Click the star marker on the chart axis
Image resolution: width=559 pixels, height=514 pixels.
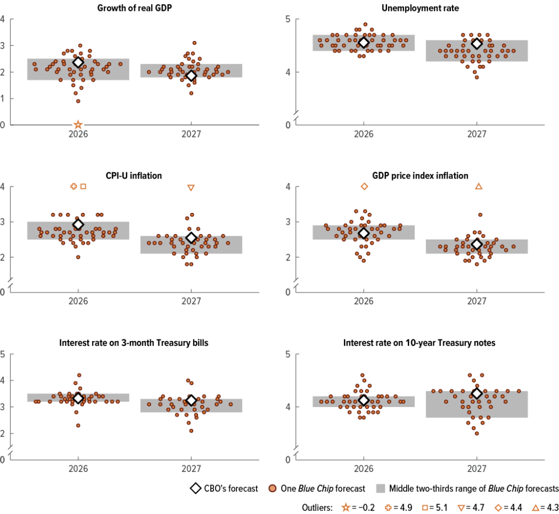(78, 124)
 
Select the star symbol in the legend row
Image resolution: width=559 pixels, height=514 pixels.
(346, 507)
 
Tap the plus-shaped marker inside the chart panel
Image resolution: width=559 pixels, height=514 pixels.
(74, 187)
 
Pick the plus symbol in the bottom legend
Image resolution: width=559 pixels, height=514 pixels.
(388, 507)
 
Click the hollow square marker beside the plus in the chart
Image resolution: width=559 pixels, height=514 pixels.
(84, 187)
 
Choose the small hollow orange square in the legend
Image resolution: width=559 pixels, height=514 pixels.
(425, 507)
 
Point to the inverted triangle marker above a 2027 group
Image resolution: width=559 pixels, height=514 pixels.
(191, 188)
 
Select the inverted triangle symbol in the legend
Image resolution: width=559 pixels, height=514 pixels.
(461, 508)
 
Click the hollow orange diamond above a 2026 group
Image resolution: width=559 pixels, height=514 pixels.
(364, 187)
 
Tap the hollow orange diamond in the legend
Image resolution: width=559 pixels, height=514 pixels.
(498, 507)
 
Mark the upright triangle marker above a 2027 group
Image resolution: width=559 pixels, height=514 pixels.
(479, 186)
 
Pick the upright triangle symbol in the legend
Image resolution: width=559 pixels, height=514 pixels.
(536, 507)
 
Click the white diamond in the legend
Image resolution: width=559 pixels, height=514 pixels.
(195, 488)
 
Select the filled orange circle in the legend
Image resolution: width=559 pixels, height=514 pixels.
(272, 488)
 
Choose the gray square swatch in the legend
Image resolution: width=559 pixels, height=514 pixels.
(380, 488)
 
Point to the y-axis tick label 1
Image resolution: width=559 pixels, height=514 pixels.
(3, 98)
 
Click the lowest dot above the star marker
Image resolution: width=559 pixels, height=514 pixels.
(78, 101)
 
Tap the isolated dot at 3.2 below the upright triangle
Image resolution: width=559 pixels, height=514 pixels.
(480, 215)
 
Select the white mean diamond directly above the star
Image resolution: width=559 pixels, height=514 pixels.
(78, 62)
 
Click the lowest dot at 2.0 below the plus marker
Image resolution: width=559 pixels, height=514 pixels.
(78, 257)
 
